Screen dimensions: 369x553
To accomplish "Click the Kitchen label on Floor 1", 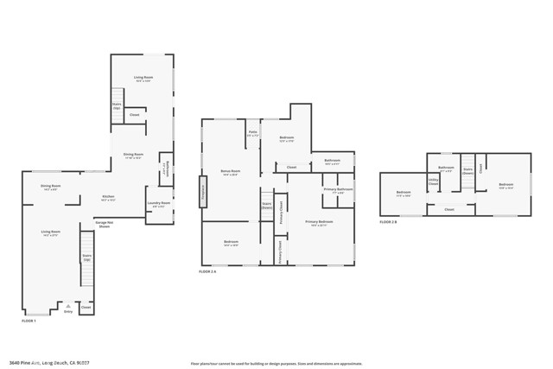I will point(108,197).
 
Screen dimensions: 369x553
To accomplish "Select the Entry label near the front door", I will point(68,311).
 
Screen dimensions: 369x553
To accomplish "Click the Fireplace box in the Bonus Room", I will point(202,189).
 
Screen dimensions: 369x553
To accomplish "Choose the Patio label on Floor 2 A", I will point(252,133).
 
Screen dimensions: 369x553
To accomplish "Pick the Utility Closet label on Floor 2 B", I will point(434,182).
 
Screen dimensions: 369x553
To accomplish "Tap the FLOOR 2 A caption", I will point(208,271).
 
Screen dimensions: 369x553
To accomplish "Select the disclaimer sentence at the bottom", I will point(276,362).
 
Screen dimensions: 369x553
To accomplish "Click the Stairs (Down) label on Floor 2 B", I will point(467,169).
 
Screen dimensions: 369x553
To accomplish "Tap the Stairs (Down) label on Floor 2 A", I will point(267,206).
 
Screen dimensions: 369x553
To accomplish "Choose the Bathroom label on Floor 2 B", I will point(446,169).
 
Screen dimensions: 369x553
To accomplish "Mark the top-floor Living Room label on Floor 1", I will point(143,80).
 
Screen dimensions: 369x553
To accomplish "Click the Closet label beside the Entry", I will point(86,307).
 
